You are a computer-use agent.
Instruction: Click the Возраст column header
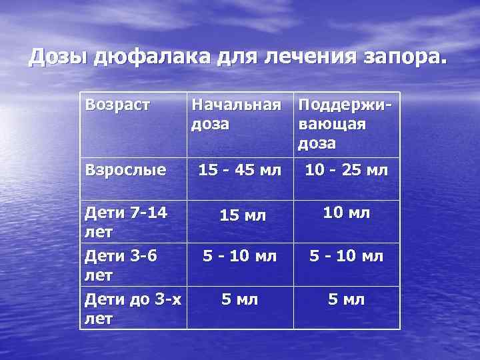tap(116, 105)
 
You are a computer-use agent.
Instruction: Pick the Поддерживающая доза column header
tap(345, 124)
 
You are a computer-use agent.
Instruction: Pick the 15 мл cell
tap(243, 215)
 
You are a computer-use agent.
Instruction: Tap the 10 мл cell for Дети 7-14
tap(346, 213)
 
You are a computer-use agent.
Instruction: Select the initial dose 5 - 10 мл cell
tap(240, 255)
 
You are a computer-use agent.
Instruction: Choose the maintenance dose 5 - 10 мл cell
tap(346, 255)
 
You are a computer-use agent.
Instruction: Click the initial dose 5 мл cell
tap(239, 299)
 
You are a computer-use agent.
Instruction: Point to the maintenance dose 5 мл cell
tap(346, 299)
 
